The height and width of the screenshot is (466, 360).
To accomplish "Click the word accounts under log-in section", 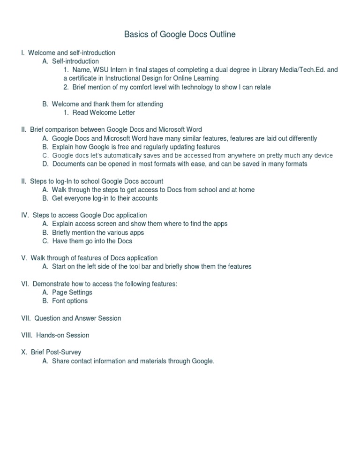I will coord(144,198).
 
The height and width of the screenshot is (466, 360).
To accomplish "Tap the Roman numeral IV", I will coord(25,215).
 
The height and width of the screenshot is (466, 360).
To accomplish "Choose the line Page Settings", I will coord(72,292).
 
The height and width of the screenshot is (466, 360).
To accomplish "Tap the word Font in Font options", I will coord(60,301).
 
